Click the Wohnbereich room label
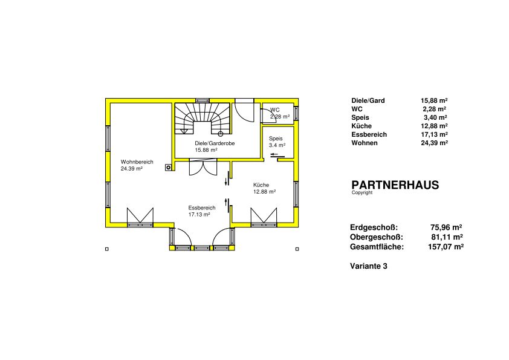(137, 162)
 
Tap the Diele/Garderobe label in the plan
(215, 143)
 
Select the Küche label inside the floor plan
(261, 185)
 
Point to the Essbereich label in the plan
(201, 208)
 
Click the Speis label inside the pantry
(276, 139)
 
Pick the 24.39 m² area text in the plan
(131, 169)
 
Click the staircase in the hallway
(203, 118)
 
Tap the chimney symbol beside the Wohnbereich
(168, 167)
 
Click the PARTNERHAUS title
(395, 185)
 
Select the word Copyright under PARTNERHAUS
(362, 192)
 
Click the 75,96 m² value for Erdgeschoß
(446, 227)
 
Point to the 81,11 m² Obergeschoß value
(447, 237)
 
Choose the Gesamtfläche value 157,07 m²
(446, 247)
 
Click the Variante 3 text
(368, 266)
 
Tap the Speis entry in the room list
(360, 117)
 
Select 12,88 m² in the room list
(434, 126)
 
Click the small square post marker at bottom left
(107, 249)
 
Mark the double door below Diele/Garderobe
(203, 167)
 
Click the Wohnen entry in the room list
(365, 143)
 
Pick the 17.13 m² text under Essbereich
(199, 214)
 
